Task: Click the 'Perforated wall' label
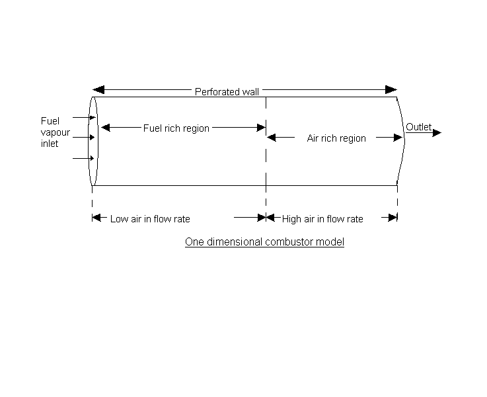click(x=227, y=92)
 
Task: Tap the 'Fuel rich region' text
click(x=176, y=128)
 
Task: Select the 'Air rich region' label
click(x=336, y=138)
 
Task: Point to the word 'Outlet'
click(x=418, y=127)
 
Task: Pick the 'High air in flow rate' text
click(x=322, y=219)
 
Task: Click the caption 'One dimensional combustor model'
click(x=264, y=242)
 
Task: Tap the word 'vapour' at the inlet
click(x=55, y=132)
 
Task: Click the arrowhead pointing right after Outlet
click(x=437, y=132)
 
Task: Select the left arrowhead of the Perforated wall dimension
click(x=97, y=89)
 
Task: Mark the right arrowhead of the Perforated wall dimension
click(x=392, y=89)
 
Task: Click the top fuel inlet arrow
click(x=92, y=117)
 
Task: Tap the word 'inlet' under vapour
click(x=50, y=143)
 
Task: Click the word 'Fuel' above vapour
click(x=50, y=121)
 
